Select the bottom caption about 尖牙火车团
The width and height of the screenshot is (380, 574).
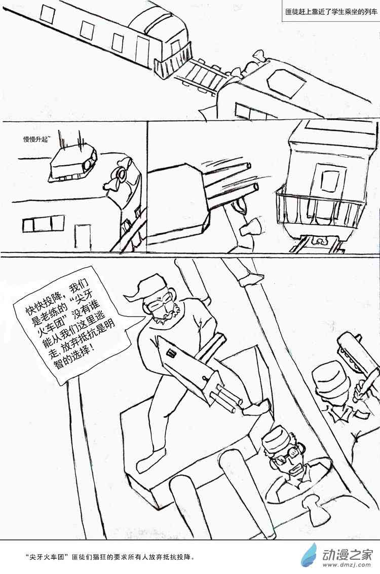click(109, 556)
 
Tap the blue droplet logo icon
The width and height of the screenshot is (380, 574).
click(309, 555)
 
